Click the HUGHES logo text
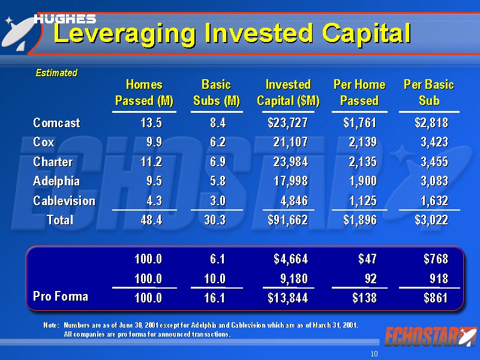pos(65,19)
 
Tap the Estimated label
pos(56,73)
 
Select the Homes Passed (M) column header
pos(144,92)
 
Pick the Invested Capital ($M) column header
pos(288,92)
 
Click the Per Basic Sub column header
pos(429,92)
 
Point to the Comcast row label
pos(56,123)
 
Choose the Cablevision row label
pos(64,201)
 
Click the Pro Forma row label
pos(60,296)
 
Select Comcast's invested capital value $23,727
pos(287,123)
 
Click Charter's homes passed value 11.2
pos(151,162)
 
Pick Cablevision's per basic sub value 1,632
pos(431,201)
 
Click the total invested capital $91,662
pos(287,220)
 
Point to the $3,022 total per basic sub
pos(431,220)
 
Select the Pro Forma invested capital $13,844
pos(287,298)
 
